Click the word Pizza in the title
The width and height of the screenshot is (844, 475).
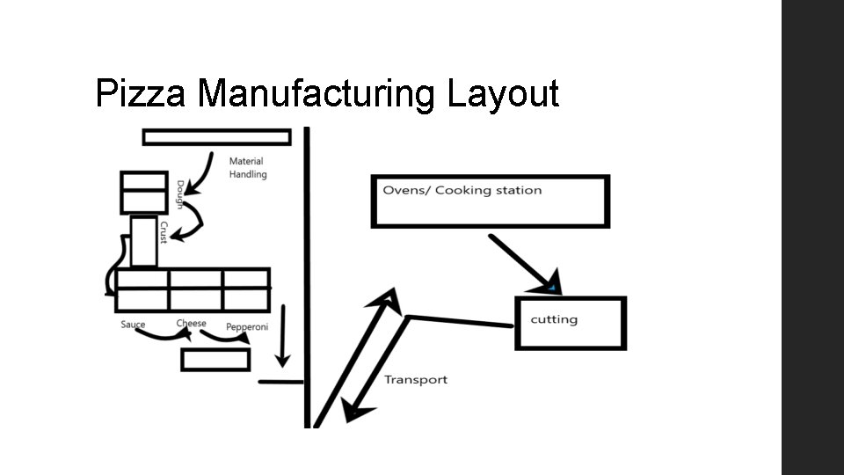[140, 93]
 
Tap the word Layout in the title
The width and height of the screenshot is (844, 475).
[503, 93]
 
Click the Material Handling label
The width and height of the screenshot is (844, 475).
[247, 168]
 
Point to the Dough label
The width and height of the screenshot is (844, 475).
[180, 194]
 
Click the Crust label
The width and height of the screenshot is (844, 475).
[164, 232]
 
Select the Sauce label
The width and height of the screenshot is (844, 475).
[133, 325]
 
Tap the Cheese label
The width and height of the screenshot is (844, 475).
[191, 324]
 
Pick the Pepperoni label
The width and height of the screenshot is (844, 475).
[247, 327]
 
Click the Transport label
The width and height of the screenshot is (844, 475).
[416, 380]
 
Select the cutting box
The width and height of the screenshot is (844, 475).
[571, 324]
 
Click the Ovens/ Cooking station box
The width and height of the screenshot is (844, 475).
[490, 202]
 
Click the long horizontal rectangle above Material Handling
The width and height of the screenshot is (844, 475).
[216, 137]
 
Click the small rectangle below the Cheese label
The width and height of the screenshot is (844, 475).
[215, 360]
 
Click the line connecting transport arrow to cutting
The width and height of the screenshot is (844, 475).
[460, 321]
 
